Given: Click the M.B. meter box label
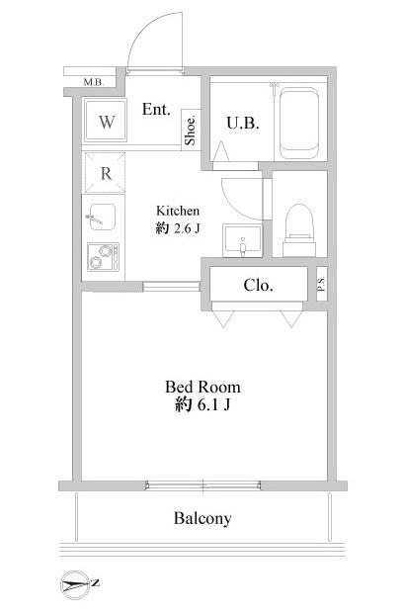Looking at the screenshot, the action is click(x=94, y=82).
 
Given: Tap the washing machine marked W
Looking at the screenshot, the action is click(x=106, y=121).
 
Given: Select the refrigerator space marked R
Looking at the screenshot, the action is click(x=106, y=173).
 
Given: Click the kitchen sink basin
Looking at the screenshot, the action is click(x=103, y=218).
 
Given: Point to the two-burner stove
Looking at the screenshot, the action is click(x=103, y=257).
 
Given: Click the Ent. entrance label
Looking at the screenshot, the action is click(x=156, y=110).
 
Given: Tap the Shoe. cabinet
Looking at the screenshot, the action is click(x=191, y=130).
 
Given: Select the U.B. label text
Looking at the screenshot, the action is click(x=243, y=124).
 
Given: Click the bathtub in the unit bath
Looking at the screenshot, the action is click(x=299, y=124).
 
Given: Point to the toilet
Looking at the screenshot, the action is click(x=299, y=229).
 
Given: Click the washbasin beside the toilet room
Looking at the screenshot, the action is click(x=242, y=240).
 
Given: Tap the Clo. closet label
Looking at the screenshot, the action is click(x=258, y=285).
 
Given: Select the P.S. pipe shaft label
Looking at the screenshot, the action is click(x=321, y=284).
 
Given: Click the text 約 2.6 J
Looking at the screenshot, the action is click(x=178, y=228).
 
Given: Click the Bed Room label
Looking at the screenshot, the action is click(x=202, y=387).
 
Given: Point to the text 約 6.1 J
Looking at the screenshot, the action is click(x=202, y=404).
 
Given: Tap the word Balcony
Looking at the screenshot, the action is click(x=202, y=518).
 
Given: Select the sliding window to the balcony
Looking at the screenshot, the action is click(x=203, y=485).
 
